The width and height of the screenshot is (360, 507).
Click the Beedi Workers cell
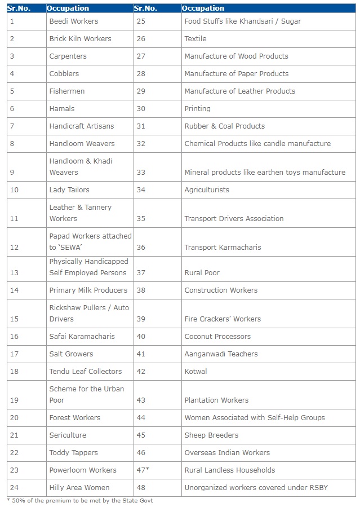point(73,21)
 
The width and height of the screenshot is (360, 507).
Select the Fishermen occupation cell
point(66,91)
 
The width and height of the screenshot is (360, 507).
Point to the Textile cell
point(195,39)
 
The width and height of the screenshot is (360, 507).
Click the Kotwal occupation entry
point(195,372)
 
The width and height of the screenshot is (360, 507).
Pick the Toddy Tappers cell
point(73,453)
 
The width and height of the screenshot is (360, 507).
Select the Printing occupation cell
point(197,109)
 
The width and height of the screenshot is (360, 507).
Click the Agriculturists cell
point(207,190)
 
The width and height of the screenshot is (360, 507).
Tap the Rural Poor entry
point(202,273)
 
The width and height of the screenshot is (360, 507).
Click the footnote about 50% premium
point(79,500)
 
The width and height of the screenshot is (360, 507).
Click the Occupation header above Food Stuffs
point(203,8)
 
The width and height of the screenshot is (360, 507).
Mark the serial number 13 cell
point(15,273)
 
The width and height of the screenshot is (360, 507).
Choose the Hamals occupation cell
point(61,109)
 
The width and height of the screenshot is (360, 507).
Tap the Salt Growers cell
point(71,354)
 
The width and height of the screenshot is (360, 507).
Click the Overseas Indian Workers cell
point(227,453)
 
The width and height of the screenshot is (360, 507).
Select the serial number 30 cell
point(141,109)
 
